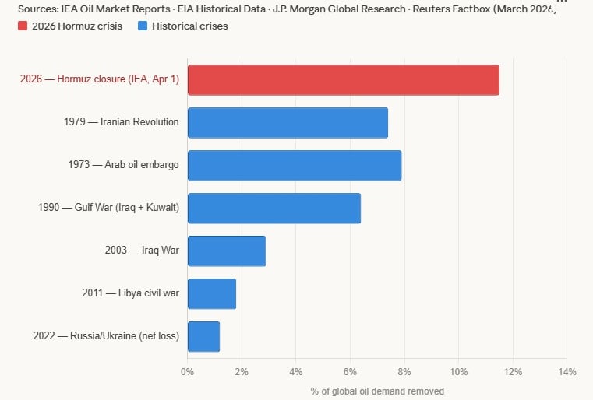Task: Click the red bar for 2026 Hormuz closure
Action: click(x=343, y=80)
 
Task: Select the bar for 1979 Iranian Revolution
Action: click(x=288, y=123)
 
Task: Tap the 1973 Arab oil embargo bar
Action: click(x=295, y=166)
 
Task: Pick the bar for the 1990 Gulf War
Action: click(x=274, y=209)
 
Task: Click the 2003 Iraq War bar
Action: click(x=226, y=251)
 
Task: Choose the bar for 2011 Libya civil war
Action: click(x=211, y=294)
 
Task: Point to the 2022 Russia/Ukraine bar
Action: click(x=203, y=336)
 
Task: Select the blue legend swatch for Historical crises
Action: click(x=142, y=26)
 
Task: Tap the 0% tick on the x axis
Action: click(x=187, y=372)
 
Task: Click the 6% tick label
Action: click(x=350, y=372)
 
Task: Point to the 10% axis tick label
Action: click(x=458, y=372)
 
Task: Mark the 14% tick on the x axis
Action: click(x=567, y=372)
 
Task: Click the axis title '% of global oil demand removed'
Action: click(x=377, y=391)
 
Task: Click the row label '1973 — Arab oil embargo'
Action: click(x=124, y=165)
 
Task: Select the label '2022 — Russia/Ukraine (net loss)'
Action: click(x=106, y=336)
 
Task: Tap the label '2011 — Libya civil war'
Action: click(x=130, y=293)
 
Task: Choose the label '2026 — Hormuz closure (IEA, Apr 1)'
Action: click(x=100, y=79)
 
